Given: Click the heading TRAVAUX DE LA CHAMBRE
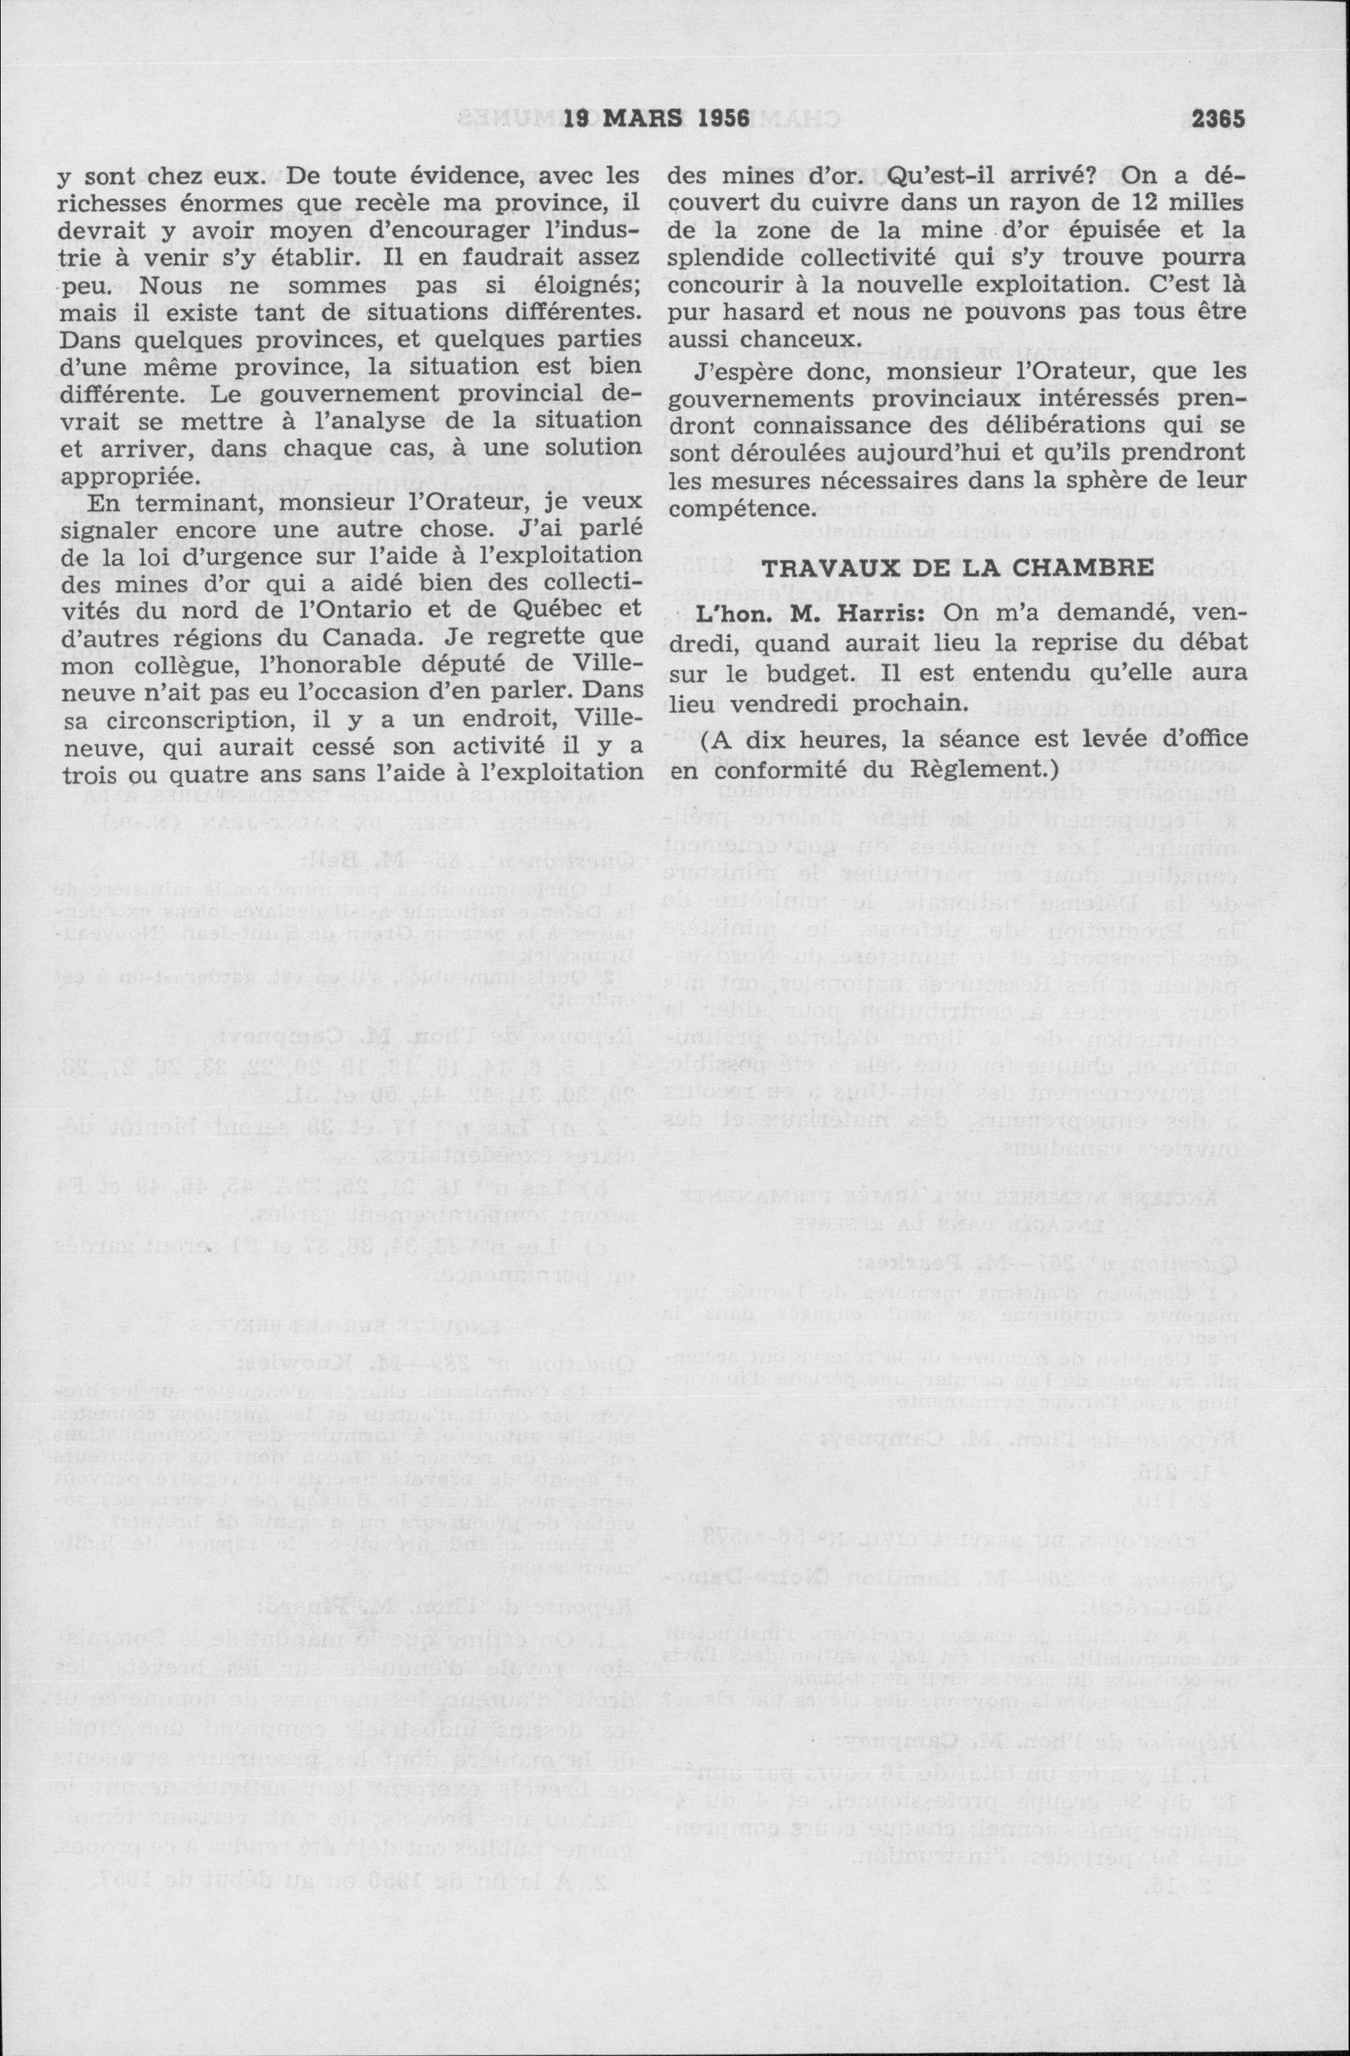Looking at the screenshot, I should pyautogui.click(x=956, y=567).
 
